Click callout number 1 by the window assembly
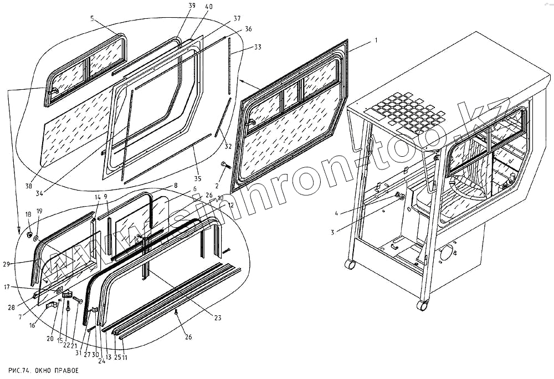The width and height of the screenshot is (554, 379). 376,41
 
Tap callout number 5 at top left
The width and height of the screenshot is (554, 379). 92,18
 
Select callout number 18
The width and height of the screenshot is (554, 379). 28,213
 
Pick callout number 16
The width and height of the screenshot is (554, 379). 32,326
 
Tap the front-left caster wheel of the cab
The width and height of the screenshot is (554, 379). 350,265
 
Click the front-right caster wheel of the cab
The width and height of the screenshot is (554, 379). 423,305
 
